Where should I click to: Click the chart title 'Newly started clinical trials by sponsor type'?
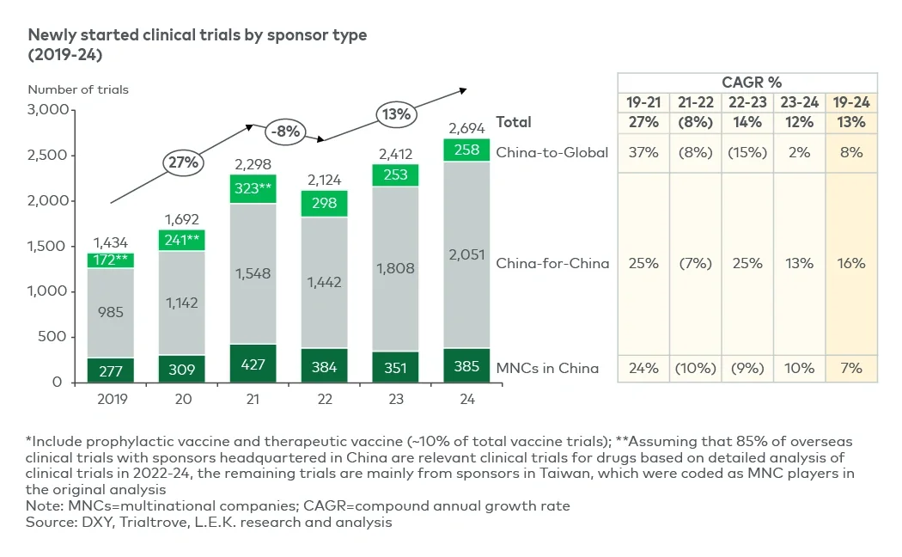198,35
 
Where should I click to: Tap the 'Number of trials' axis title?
78,89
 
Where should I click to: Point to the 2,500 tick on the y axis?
47,156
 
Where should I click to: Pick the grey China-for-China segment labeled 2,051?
466,254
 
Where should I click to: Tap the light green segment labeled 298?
325,203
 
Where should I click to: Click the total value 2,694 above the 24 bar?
466,128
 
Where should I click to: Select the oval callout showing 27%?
183,162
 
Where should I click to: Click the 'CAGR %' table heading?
747,83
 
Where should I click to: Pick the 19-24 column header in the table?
851,102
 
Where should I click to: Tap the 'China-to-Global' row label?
552,153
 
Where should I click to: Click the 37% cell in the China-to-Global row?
643,153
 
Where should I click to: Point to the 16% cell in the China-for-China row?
851,263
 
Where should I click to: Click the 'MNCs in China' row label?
547,369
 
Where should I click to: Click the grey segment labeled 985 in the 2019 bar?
110,312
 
